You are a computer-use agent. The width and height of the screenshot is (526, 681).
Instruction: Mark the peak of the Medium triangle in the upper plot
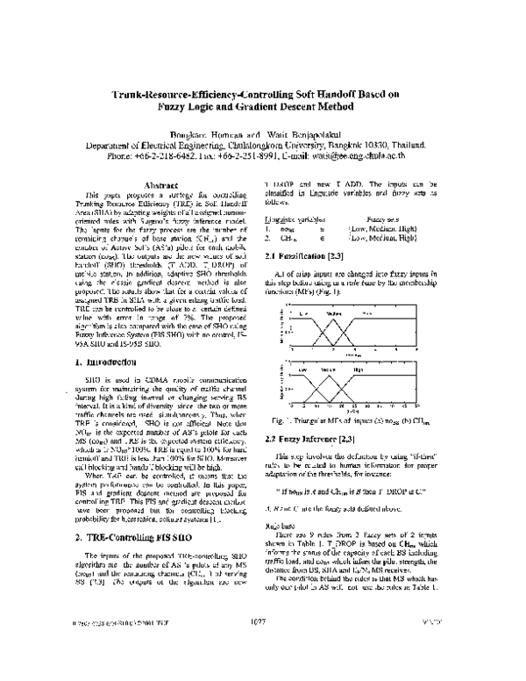click(332, 319)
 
